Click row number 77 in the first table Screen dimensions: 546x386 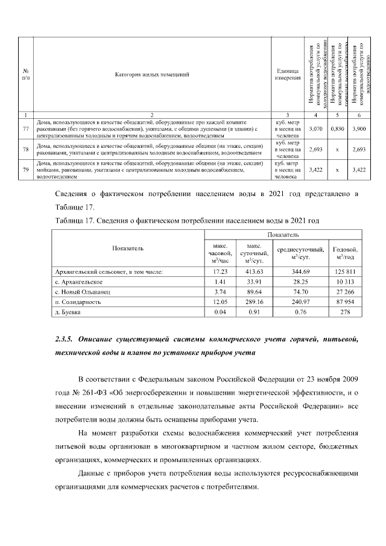pyautogui.click(x=25, y=129)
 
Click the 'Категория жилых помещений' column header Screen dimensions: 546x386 pyautogui.click(x=151, y=74)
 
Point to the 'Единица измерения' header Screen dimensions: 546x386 pyautogui.click(x=288, y=75)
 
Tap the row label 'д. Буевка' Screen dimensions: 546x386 pyautogui.click(x=66, y=312)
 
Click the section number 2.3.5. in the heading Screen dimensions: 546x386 pyautogui.click(x=63, y=340)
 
